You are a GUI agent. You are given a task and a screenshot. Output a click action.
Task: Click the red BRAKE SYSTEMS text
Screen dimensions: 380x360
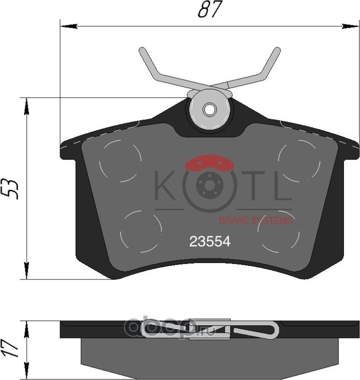click(256, 221)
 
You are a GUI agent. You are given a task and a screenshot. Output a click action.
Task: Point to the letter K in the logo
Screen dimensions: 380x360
click(165, 186)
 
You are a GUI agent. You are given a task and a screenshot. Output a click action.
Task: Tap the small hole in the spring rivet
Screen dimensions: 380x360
click(210, 110)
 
